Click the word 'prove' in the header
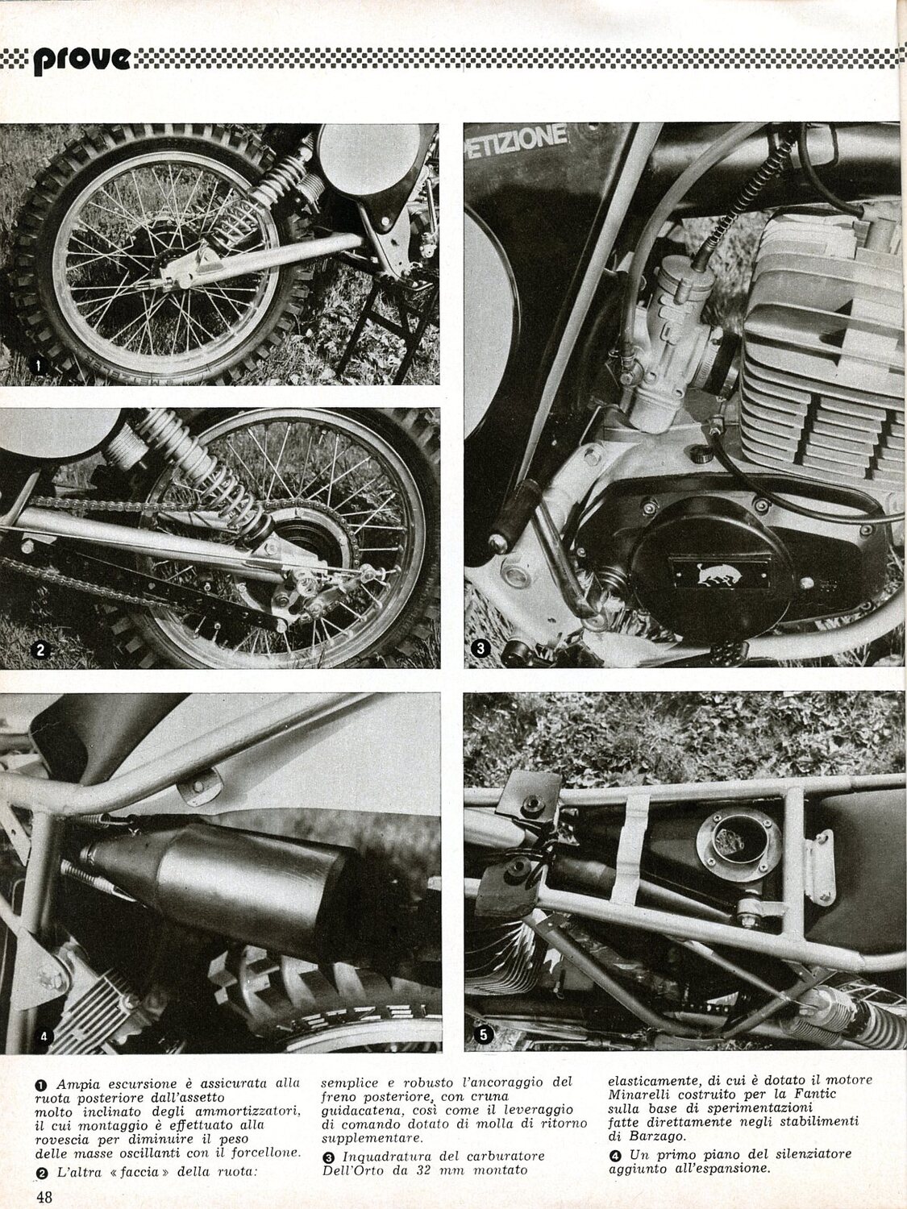[82, 59]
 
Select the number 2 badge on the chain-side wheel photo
[40, 650]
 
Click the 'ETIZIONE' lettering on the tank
[517, 142]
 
